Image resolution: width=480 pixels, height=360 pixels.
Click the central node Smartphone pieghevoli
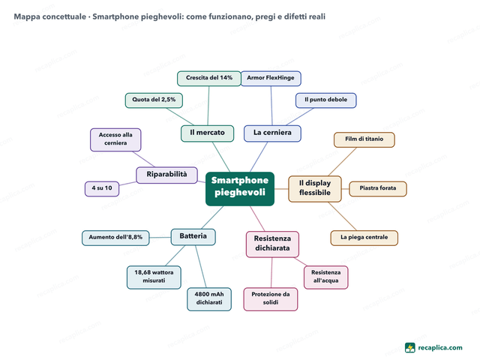pyautogui.click(x=240, y=188)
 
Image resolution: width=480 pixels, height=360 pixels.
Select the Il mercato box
pyautogui.click(x=207, y=133)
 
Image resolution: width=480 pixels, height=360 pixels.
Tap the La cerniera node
pyautogui.click(x=272, y=133)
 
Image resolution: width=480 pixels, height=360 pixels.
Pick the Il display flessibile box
pyautogui.click(x=315, y=188)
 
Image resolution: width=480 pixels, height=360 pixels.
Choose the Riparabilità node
pyautogui.click(x=166, y=175)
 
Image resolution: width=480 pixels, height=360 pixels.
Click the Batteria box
pyautogui.click(x=193, y=237)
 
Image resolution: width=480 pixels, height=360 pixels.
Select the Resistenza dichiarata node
pyautogui.click(x=272, y=244)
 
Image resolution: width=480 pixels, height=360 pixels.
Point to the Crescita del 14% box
pyautogui.click(x=209, y=78)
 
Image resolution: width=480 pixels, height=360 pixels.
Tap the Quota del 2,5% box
pyautogui.click(x=154, y=100)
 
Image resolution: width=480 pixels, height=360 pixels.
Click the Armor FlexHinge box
pyautogui.click(x=271, y=78)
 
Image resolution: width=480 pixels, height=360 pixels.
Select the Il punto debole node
pyautogui.click(x=326, y=100)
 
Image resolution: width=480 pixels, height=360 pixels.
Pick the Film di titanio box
pyautogui.click(x=364, y=139)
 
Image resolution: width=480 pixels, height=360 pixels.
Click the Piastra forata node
pyautogui.click(x=378, y=188)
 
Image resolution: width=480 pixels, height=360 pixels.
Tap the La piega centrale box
pyautogui.click(x=364, y=238)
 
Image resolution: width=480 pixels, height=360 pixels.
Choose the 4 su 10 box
pyautogui.click(x=102, y=188)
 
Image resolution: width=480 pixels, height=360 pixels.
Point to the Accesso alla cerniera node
pyautogui.click(x=115, y=139)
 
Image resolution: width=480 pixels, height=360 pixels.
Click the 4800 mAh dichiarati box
pyautogui.click(x=209, y=299)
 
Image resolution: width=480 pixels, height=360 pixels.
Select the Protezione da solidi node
pyautogui.click(x=271, y=299)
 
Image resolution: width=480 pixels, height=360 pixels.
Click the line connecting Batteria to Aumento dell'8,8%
pyautogui.click(x=160, y=238)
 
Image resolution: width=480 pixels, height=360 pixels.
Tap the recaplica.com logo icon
pyautogui.click(x=410, y=348)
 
